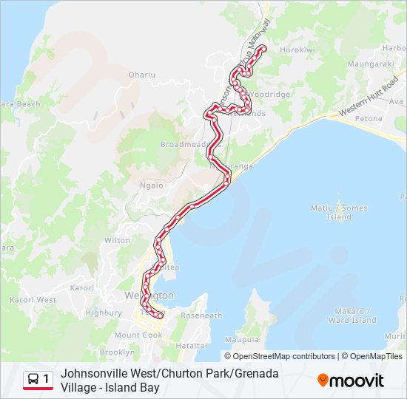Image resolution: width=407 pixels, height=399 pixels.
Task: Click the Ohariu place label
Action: click(x=142, y=75)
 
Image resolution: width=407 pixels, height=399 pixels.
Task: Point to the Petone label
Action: click(x=369, y=118)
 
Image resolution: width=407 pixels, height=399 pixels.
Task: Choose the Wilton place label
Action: click(x=117, y=240)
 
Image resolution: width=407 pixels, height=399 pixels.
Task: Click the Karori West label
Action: click(x=33, y=300)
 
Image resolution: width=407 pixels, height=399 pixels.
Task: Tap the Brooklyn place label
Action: click(x=117, y=352)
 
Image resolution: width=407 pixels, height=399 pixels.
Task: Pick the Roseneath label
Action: click(x=201, y=316)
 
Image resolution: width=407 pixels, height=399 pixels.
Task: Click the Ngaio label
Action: click(x=152, y=185)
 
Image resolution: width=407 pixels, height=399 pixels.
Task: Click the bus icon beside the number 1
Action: click(x=33, y=379)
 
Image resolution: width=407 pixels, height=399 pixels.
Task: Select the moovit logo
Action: click(x=351, y=381)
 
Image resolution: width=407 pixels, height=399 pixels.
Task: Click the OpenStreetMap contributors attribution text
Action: click(x=284, y=356)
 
